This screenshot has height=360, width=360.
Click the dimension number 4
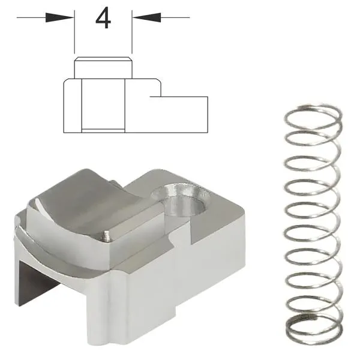click(103, 17)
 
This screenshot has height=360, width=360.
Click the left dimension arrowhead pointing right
click(59, 17)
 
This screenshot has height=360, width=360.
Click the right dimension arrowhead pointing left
click(146, 17)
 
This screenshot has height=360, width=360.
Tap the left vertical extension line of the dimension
click(74, 32)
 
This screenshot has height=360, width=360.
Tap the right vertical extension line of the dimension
click(132, 32)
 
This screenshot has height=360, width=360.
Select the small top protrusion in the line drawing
click(103, 68)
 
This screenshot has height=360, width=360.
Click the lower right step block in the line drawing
click(179, 115)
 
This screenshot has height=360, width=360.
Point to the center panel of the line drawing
click(103, 106)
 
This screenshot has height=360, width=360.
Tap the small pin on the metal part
click(106, 236)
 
